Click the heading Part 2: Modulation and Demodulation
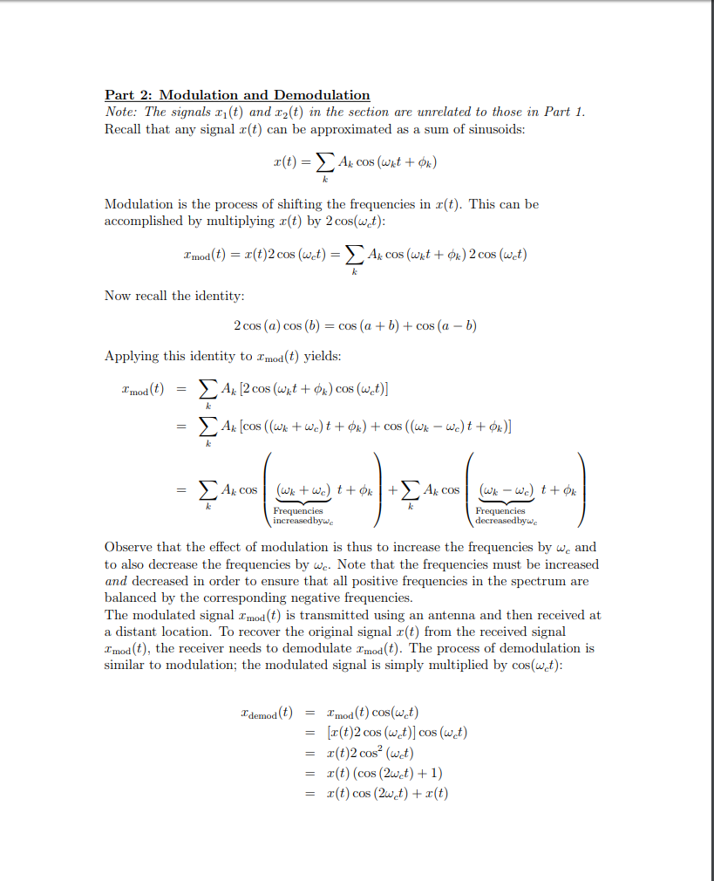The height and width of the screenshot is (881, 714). tap(237, 95)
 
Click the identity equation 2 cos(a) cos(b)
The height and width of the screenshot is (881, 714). tap(356, 325)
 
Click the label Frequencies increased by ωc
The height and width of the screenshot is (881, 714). tap(298, 516)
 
